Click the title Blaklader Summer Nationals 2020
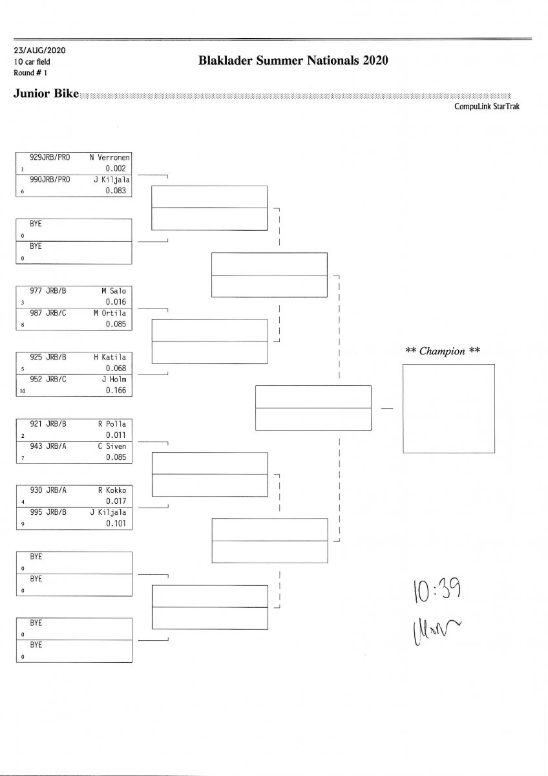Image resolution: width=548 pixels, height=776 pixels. tap(293, 61)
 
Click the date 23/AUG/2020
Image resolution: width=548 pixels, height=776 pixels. tap(39, 50)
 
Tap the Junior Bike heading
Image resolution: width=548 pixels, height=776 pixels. tap(46, 94)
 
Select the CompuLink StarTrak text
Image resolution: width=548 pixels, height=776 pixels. tap(487, 107)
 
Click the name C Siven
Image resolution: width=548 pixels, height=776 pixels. tap(112, 446)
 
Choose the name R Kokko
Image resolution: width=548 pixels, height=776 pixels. tap(112, 490)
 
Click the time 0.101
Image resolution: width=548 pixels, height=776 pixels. tap(116, 524)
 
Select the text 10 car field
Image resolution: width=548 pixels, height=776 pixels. tap(32, 62)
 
